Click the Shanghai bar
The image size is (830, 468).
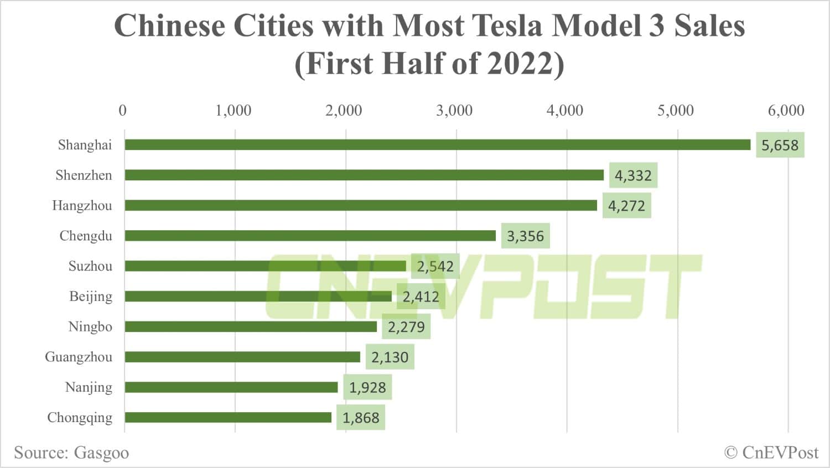(437, 145)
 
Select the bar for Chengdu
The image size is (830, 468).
(310, 236)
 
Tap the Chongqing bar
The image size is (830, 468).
(228, 417)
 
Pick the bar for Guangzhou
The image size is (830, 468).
(242, 357)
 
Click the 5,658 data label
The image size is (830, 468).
(780, 145)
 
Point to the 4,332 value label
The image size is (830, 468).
(633, 176)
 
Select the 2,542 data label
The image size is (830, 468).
(435, 267)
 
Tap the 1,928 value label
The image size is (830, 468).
(367, 387)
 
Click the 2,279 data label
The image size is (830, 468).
(406, 327)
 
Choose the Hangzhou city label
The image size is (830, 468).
(82, 206)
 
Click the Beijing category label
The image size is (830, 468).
(91, 297)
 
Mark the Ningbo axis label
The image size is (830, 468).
(90, 327)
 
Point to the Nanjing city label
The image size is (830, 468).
(89, 387)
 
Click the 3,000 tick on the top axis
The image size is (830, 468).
(454, 111)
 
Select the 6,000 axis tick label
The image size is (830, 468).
(786, 111)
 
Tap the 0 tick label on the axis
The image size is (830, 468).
(123, 111)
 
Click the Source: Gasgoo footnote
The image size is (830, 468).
(71, 453)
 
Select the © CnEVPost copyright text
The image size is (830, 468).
(771, 453)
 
